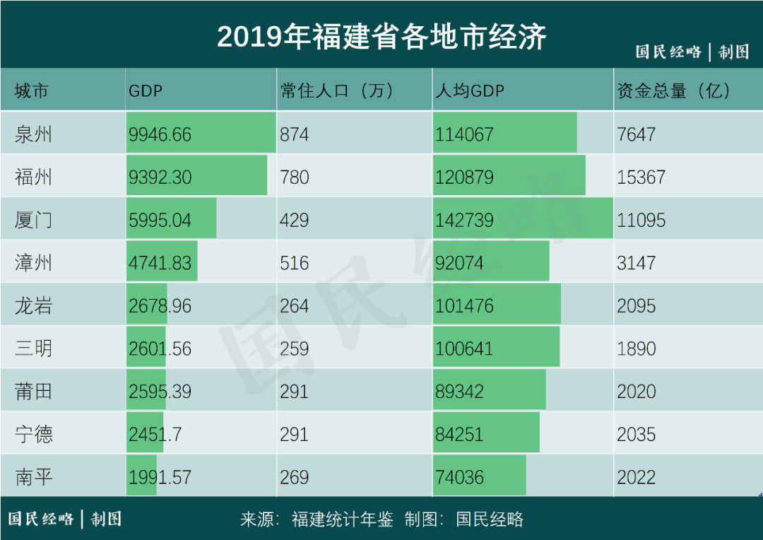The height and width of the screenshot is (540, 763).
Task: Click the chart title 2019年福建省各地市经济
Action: tap(381, 37)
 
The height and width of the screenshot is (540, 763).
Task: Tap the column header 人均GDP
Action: tap(470, 90)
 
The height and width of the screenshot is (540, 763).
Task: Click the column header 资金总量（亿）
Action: tap(674, 90)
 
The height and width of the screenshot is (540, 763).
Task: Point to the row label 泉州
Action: tap(33, 134)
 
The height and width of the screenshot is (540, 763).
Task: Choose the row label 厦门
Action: tap(33, 220)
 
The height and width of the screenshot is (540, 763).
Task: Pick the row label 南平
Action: tap(33, 477)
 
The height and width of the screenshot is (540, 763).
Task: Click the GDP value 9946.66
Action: tap(160, 134)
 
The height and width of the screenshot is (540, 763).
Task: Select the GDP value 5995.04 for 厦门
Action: tap(160, 221)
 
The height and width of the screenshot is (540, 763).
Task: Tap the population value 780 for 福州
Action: tap(294, 177)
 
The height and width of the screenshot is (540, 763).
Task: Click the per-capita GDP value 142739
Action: tap(464, 221)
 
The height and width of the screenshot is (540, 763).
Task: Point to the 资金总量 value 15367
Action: tap(641, 177)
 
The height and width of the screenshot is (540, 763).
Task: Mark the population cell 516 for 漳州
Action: tap(294, 263)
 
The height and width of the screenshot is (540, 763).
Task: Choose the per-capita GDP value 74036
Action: tap(459, 478)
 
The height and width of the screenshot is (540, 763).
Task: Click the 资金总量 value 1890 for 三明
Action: tap(637, 349)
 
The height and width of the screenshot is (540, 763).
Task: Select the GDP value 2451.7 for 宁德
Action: tap(155, 435)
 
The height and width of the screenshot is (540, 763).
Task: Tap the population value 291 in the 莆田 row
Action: tap(294, 392)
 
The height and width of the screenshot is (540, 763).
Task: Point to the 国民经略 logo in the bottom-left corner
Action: tap(41, 519)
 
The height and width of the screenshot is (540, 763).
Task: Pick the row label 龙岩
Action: tap(33, 306)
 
